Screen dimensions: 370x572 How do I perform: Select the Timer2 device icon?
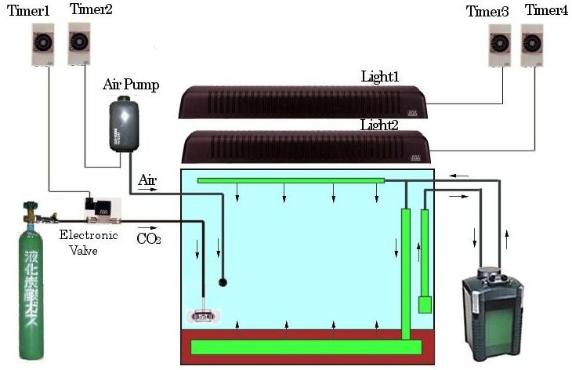point(79,42)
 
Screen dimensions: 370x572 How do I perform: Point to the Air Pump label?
point(131,85)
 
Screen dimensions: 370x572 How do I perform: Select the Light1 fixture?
point(302,101)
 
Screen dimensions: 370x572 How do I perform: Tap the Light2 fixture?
point(302,147)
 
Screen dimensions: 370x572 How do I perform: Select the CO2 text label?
point(149,238)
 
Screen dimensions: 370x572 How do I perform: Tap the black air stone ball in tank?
point(223,281)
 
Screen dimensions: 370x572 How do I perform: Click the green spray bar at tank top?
point(291,180)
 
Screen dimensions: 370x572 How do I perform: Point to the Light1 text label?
point(380,77)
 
